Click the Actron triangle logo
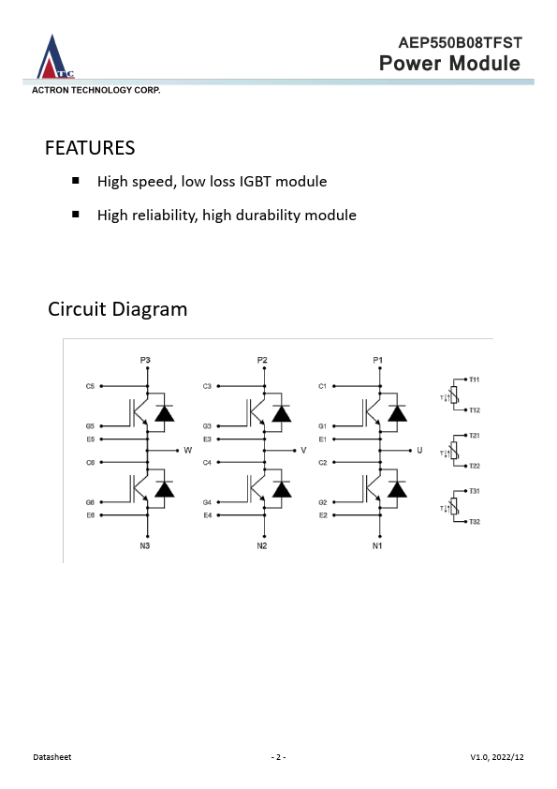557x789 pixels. pyautogui.click(x=54, y=57)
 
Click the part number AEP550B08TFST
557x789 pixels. pyautogui.click(x=460, y=43)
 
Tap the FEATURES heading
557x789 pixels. pyautogui.click(x=90, y=148)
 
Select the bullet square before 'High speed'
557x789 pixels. pyautogui.click(x=76, y=181)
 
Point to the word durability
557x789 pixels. pyautogui.click(x=268, y=216)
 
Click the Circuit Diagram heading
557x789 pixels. pyautogui.click(x=118, y=309)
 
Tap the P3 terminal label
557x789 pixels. pyautogui.click(x=145, y=360)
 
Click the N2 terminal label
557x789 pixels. pyautogui.click(x=262, y=545)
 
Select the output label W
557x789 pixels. pyautogui.click(x=187, y=451)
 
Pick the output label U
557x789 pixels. pyautogui.click(x=419, y=451)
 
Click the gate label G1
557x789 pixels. pyautogui.click(x=322, y=426)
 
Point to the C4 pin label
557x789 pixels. pyautogui.click(x=207, y=462)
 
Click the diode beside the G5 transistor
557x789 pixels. pyautogui.click(x=164, y=413)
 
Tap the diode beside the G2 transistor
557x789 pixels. pyautogui.click(x=397, y=489)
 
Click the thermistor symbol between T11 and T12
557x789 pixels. pyautogui.click(x=454, y=395)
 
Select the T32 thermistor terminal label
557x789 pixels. pyautogui.click(x=474, y=522)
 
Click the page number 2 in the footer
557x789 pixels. pyautogui.click(x=278, y=757)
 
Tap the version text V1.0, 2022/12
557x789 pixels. pyautogui.click(x=497, y=757)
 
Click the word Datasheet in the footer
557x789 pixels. pyautogui.click(x=52, y=757)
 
